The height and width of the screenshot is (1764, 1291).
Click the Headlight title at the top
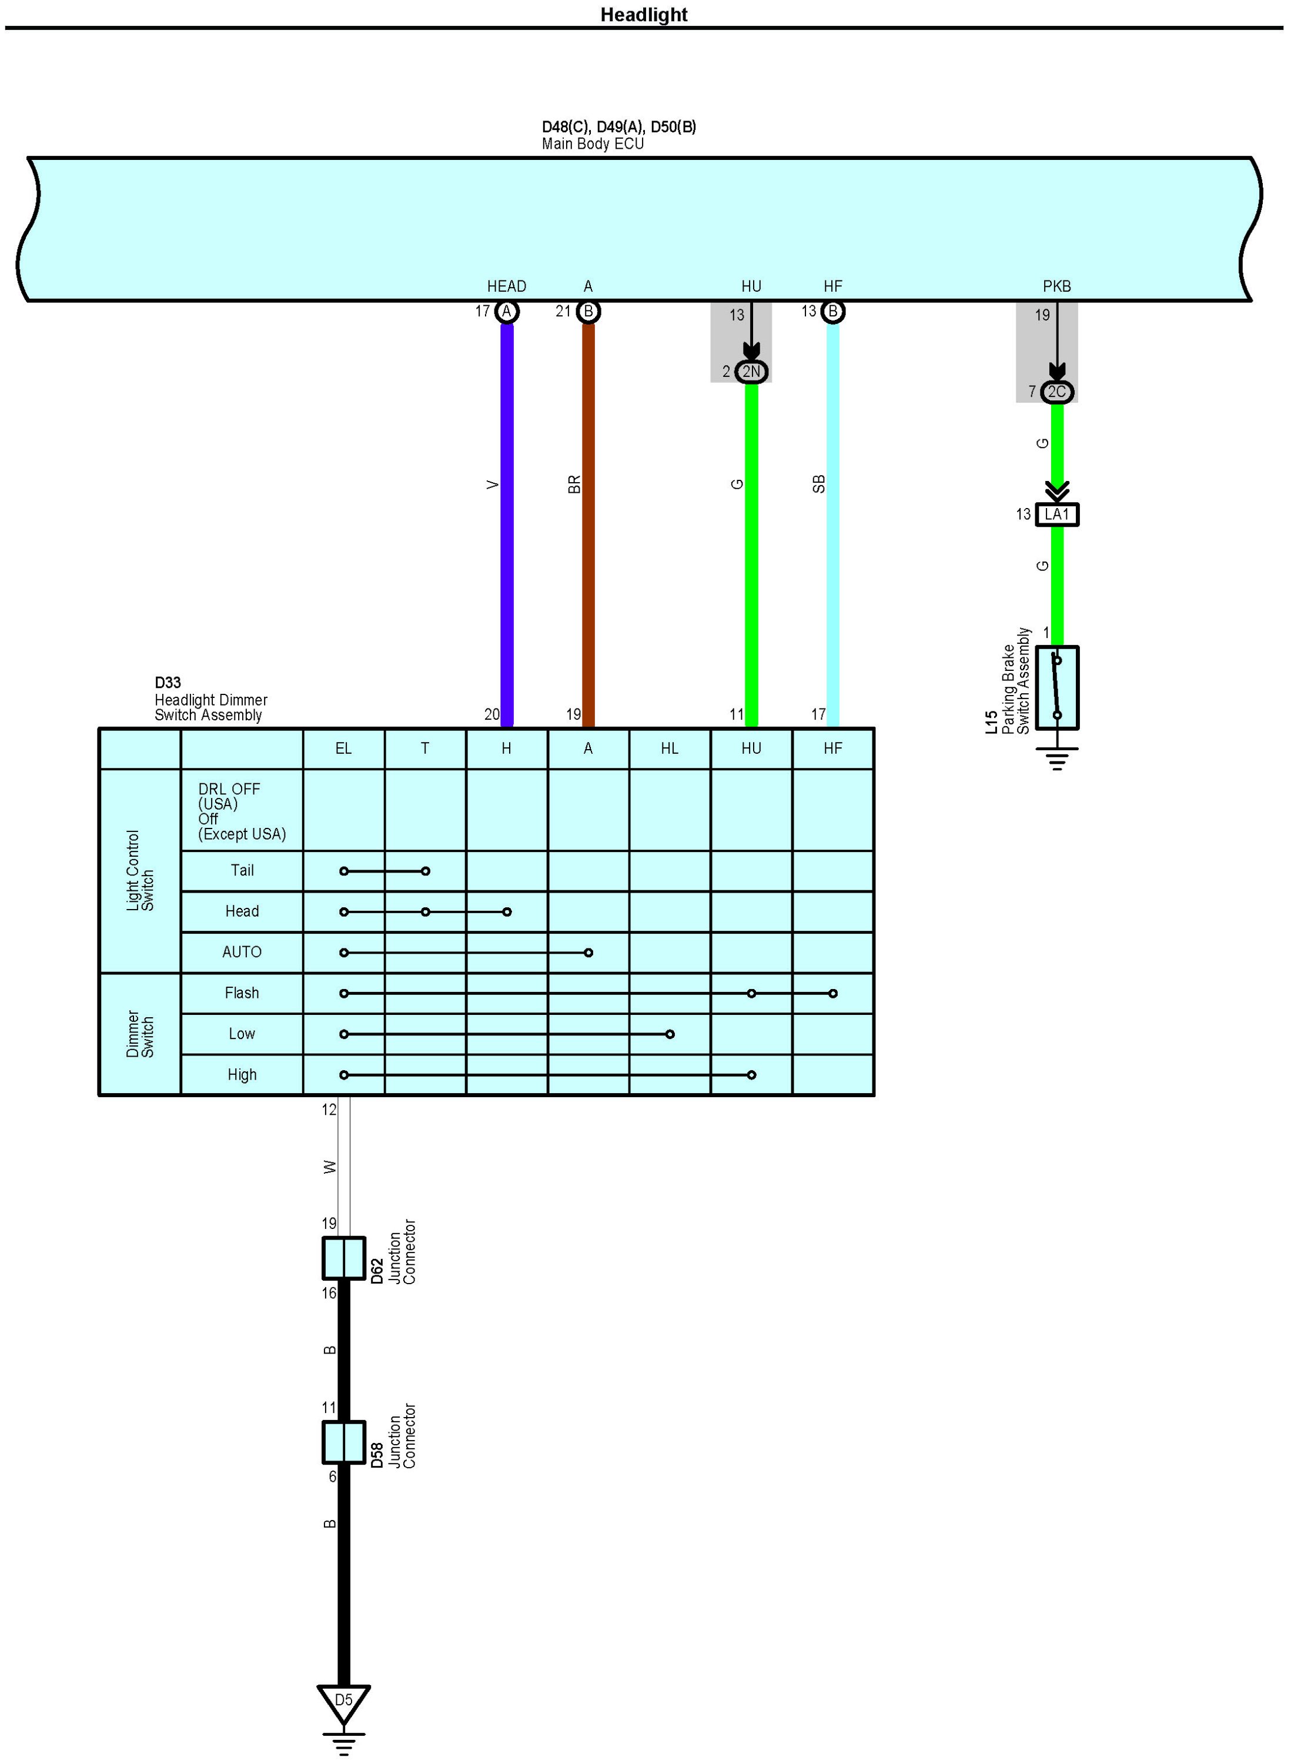[x=643, y=15]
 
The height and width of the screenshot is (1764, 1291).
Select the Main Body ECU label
[x=593, y=144]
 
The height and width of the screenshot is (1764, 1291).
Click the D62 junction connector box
[x=344, y=1258]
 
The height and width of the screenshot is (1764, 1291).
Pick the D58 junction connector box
[x=344, y=1442]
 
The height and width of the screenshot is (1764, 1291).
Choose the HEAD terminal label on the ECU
[x=506, y=286]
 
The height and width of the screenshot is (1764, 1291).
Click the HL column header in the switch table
[x=670, y=748]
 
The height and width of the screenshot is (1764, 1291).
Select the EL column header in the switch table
[x=343, y=748]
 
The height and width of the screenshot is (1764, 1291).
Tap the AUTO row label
[x=242, y=952]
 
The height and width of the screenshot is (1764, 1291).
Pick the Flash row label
[x=242, y=993]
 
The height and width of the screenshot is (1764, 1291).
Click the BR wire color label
[x=574, y=485]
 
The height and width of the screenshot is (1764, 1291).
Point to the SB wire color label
[x=818, y=485]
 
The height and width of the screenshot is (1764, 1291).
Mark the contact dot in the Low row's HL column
[x=670, y=1034]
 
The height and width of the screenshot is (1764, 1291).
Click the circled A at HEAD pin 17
[x=506, y=312]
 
